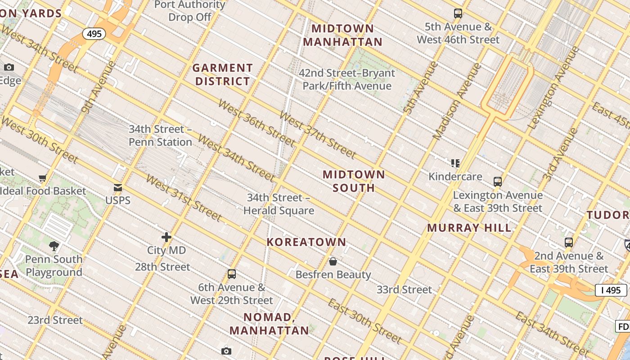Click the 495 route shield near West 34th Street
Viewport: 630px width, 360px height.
pyautogui.click(x=94, y=34)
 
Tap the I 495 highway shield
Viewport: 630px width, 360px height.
pyautogui.click(x=611, y=290)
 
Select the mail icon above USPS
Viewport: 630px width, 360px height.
pyautogui.click(x=118, y=188)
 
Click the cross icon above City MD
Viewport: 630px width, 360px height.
pyautogui.click(x=166, y=237)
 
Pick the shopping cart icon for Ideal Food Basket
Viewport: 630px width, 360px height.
pyautogui.click(x=43, y=178)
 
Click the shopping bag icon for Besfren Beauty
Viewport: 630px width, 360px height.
pyautogui.click(x=333, y=261)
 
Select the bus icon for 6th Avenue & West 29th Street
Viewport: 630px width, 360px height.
pyautogui.click(x=232, y=274)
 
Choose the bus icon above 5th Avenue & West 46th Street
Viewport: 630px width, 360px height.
pyautogui.click(x=458, y=13)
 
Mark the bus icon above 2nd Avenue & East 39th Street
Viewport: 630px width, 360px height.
pyautogui.click(x=569, y=243)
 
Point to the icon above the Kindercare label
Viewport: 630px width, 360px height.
pyautogui.click(x=455, y=163)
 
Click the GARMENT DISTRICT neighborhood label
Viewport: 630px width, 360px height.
pyautogui.click(x=222, y=75)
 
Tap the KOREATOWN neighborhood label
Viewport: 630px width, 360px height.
pyautogui.click(x=306, y=242)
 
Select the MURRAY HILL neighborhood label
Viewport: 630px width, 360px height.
pyautogui.click(x=469, y=228)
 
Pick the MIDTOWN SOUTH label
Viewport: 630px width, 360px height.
pyautogui.click(x=354, y=181)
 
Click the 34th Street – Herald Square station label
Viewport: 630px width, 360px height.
pyautogui.click(x=279, y=204)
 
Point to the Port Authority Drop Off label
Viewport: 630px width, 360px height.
pyautogui.click(x=189, y=11)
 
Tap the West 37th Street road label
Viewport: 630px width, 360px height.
pyautogui.click(x=318, y=135)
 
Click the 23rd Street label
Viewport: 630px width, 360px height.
pyautogui.click(x=55, y=320)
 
